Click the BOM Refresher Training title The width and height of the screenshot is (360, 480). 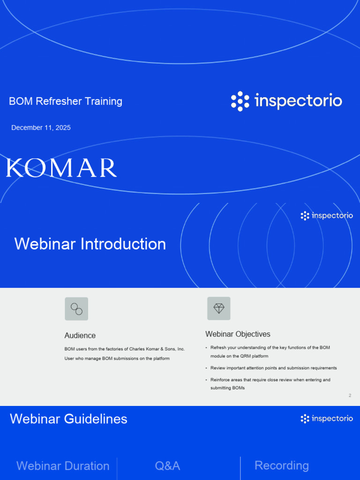[66, 101]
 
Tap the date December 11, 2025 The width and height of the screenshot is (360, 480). [41, 127]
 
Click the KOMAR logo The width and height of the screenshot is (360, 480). [61, 168]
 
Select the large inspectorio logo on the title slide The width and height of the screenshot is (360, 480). [286, 101]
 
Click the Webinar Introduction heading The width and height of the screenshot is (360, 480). [90, 244]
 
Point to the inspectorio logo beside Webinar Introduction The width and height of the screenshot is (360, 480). [327, 216]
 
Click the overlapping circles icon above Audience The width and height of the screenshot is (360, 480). [76, 309]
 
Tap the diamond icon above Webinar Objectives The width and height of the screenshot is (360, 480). [219, 308]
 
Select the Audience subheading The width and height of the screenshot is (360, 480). [80, 336]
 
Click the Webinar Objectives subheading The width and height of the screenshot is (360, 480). [238, 334]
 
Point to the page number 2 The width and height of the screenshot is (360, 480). [350, 396]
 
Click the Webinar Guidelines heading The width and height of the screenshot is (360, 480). [68, 419]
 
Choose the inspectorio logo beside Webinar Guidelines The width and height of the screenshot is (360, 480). [327, 419]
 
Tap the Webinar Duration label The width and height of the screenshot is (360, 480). [63, 466]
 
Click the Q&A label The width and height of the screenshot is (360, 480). [167, 466]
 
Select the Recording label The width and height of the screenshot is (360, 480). [282, 465]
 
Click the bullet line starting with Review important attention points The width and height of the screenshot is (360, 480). [273, 368]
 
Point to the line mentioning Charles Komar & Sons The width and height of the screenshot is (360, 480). [125, 349]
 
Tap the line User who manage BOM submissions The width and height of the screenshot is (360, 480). [117, 359]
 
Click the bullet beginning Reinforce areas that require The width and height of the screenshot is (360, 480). [270, 380]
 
